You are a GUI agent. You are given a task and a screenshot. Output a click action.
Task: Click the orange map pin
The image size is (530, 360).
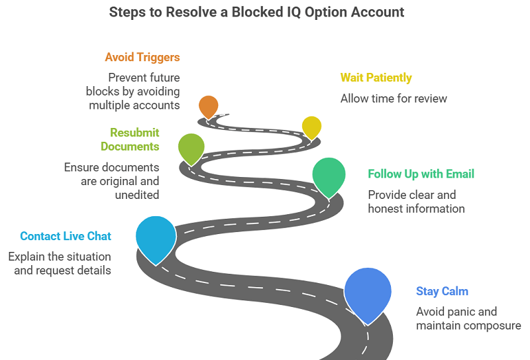tap(208, 106)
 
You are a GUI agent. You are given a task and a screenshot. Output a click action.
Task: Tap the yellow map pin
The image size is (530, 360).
tap(311, 126)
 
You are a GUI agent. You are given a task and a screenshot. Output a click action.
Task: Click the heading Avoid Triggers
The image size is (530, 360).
tap(142, 58)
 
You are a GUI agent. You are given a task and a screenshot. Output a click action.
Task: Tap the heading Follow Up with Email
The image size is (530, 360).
tap(421, 174)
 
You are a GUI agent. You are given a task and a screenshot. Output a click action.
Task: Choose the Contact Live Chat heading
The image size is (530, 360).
tap(66, 236)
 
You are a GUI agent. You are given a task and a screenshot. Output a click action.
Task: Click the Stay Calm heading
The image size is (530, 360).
tap(443, 291)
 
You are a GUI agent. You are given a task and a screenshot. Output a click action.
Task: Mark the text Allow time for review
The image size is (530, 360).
tap(394, 99)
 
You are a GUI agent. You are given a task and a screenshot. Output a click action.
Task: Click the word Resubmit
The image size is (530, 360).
tap(134, 133)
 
